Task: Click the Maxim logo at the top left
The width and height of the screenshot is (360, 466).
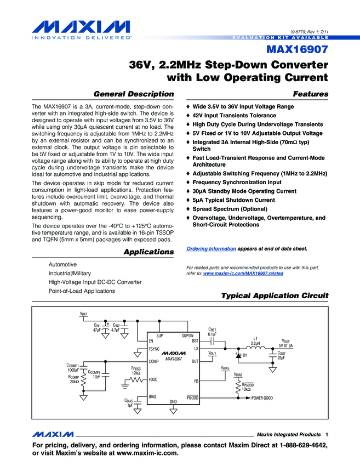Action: pyautogui.click(x=76, y=27)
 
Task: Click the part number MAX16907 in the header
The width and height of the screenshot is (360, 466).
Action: pyautogui.click(x=298, y=50)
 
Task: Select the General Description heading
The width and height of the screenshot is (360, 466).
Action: pyautogui.click(x=134, y=94)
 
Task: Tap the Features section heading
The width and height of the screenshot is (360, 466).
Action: pyautogui.click(x=311, y=94)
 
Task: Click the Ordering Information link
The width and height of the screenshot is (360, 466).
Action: pyautogui.click(x=212, y=248)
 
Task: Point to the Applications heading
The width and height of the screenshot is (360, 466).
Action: pyautogui.click(x=148, y=252)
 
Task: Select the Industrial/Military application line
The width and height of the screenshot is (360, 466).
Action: pyautogui.click(x=70, y=273)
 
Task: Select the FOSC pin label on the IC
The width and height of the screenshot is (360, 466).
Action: pyautogui.click(x=154, y=379)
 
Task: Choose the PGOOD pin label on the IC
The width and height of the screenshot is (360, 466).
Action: pyautogui.click(x=192, y=396)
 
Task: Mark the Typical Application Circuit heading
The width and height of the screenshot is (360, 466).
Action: pyautogui.click(x=275, y=296)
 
